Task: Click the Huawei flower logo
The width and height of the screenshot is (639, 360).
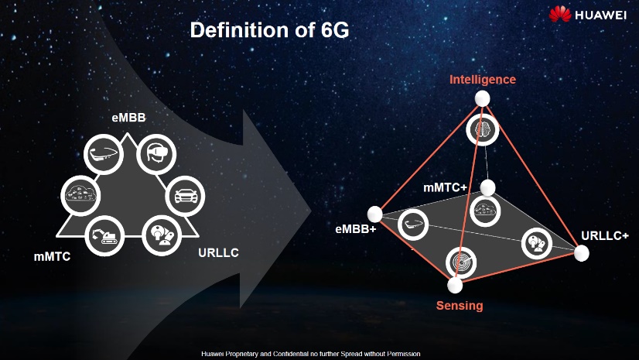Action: click(x=559, y=14)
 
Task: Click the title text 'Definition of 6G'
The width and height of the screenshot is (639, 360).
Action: click(x=269, y=30)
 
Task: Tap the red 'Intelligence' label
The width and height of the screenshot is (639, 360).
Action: click(x=483, y=80)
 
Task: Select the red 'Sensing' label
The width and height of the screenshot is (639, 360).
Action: click(x=460, y=305)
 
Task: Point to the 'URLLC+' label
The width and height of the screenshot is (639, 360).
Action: click(x=605, y=235)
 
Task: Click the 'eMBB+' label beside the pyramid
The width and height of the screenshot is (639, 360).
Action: click(x=355, y=229)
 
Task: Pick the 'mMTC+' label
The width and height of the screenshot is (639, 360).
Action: click(x=445, y=188)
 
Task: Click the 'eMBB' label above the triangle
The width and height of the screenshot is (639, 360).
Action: click(x=128, y=118)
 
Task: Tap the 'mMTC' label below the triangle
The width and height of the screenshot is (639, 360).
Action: click(x=52, y=256)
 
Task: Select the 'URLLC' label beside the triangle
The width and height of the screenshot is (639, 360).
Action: click(x=218, y=253)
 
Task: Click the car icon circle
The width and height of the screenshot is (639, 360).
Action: click(x=186, y=196)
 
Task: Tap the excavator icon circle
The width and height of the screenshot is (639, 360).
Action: click(x=104, y=235)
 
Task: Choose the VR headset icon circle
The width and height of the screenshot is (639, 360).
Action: click(x=156, y=154)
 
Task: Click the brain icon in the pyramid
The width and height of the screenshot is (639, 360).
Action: click(x=483, y=130)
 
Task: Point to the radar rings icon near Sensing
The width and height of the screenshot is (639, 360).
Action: click(x=461, y=262)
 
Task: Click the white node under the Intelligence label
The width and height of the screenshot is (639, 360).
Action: click(x=483, y=98)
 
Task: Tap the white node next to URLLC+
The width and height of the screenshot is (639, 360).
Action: click(x=582, y=253)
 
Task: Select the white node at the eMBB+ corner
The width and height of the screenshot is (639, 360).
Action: click(x=375, y=214)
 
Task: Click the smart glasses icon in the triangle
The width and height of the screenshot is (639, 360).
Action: click(x=104, y=154)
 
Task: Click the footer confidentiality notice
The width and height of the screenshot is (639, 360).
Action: click(x=310, y=354)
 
